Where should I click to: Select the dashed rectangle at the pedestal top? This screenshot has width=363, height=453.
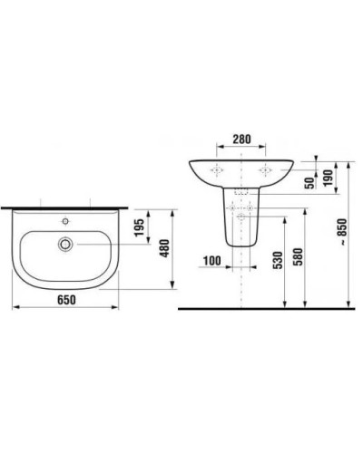pyautogui.click(x=241, y=193)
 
